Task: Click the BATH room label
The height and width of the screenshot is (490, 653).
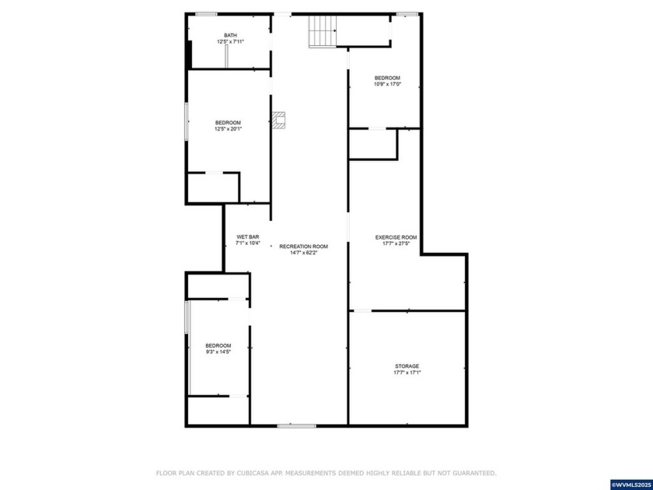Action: tap(230, 35)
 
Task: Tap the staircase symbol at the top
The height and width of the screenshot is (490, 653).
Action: tap(322, 32)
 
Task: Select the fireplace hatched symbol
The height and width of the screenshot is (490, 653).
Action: tap(279, 119)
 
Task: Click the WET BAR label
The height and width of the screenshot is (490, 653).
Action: tap(248, 236)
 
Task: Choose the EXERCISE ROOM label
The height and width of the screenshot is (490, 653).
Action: tap(396, 237)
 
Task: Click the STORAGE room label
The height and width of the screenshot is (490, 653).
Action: tap(407, 366)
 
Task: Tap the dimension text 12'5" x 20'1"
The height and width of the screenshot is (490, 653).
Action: tap(228, 129)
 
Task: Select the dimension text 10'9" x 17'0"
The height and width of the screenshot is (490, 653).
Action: tap(387, 84)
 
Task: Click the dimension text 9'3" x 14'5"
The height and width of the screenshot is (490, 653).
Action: tap(218, 352)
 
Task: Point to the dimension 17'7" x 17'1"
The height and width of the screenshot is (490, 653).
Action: tap(407, 373)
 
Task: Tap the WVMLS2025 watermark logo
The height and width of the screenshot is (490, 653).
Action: tap(631, 484)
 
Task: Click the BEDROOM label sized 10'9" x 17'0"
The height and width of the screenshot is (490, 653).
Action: tap(387, 78)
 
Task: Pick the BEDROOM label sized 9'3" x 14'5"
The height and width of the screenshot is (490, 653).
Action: tap(218, 345)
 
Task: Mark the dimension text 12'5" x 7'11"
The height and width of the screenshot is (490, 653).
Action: tap(230, 41)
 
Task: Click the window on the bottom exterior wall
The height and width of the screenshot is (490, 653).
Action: tap(297, 425)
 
